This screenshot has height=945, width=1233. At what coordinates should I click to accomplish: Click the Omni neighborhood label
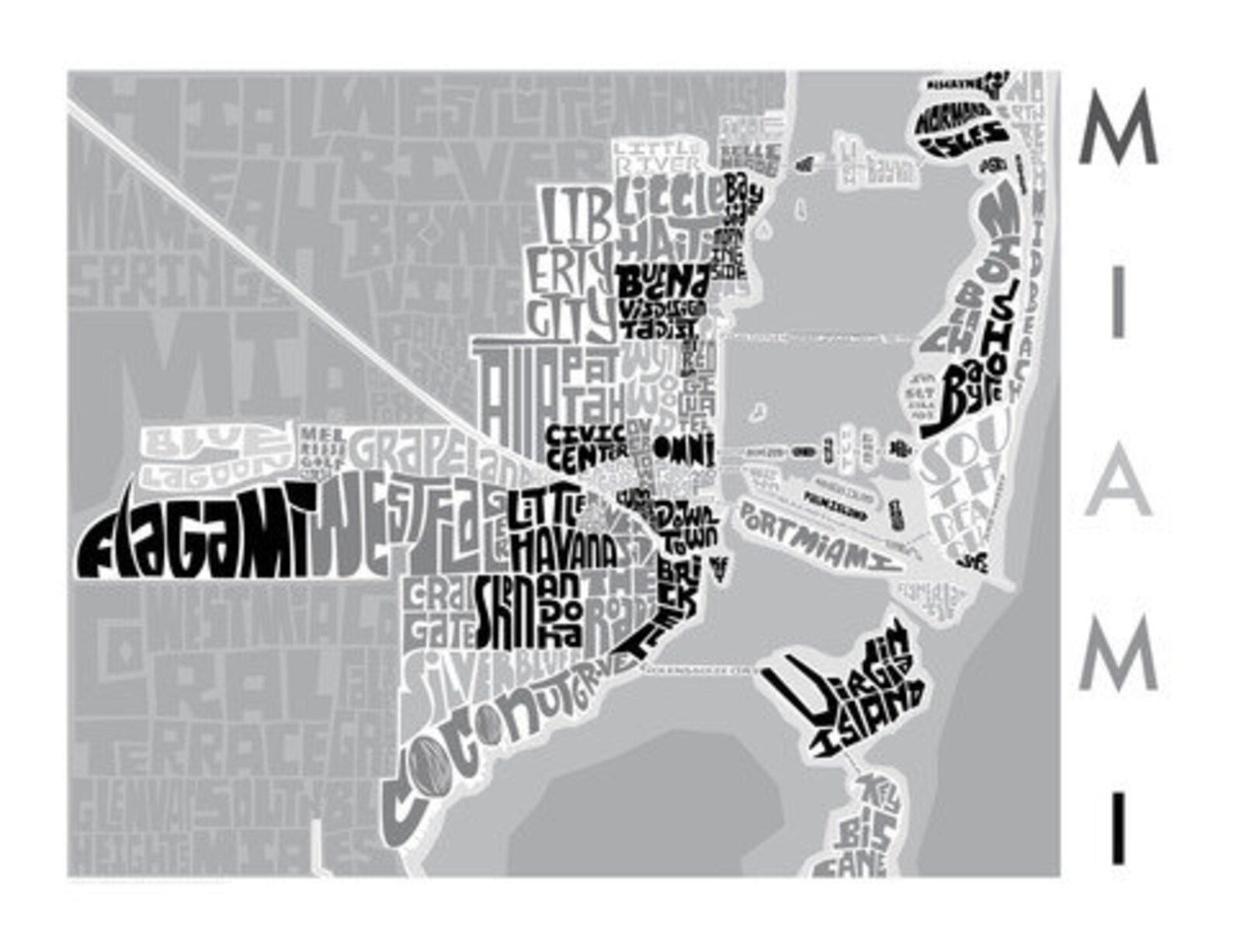[684, 450]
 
